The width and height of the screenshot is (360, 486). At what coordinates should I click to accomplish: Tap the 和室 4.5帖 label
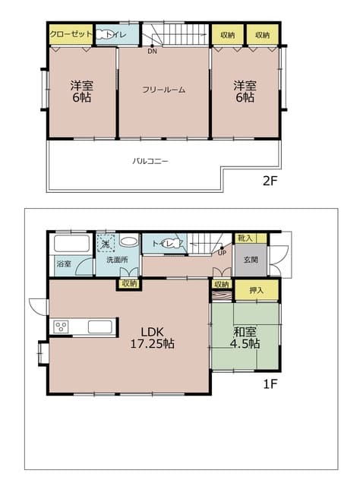(244, 336)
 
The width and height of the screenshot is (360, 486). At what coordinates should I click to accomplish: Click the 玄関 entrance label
(251, 259)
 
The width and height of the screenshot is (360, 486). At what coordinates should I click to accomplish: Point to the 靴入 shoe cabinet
(246, 238)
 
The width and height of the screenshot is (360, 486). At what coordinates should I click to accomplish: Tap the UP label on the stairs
(222, 253)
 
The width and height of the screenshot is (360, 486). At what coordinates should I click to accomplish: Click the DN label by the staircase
(152, 52)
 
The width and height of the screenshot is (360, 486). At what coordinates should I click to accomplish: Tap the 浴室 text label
(64, 264)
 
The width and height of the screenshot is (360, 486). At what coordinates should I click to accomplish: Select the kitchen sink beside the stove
(101, 327)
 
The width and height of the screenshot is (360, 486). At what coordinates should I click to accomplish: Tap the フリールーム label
(163, 90)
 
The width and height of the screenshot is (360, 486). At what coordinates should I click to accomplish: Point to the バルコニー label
(150, 161)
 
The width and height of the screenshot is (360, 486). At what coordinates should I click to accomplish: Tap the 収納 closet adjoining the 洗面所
(129, 283)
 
